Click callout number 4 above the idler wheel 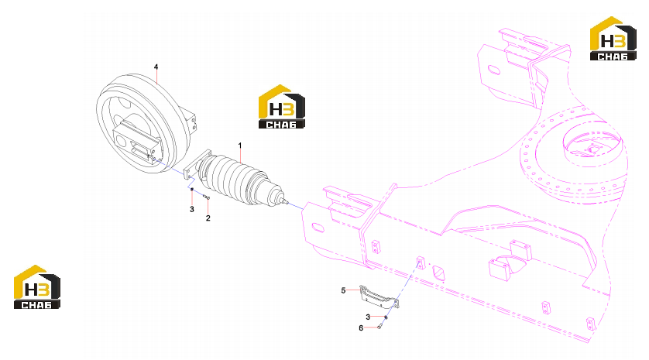[156, 67]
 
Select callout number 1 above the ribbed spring [239, 146]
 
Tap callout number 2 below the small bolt [208, 218]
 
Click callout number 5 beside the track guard [343, 290]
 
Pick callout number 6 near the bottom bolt [361, 328]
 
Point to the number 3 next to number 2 [191, 209]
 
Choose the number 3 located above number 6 [368, 317]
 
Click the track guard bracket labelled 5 [379, 297]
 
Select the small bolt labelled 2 [207, 197]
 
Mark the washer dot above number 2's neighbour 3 [191, 190]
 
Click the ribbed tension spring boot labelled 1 [234, 179]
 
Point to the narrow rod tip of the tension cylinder [287, 202]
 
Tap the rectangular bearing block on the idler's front [136, 141]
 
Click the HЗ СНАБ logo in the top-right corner [613, 39]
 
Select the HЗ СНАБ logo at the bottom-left [37, 286]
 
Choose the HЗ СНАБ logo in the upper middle [282, 107]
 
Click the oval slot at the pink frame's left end [318, 228]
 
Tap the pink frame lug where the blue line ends [421, 262]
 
